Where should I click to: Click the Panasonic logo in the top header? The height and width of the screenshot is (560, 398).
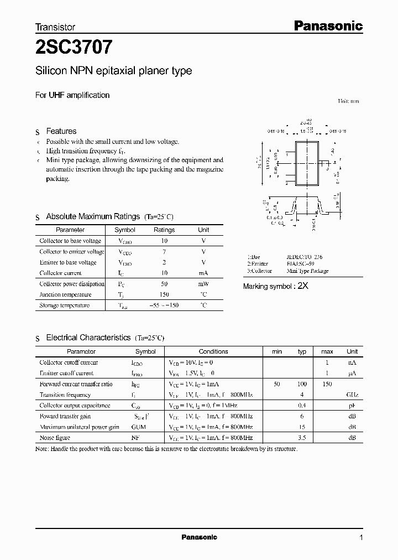[327, 25]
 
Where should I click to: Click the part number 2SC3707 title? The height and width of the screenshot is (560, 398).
[74, 48]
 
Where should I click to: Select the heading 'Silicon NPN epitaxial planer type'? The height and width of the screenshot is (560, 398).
[113, 71]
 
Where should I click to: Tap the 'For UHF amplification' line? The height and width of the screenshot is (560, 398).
[72, 95]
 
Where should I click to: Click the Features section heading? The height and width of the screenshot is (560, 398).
[61, 131]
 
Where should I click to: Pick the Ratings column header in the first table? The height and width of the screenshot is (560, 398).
[164, 230]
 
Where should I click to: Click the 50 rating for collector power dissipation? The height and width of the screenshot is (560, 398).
[164, 284]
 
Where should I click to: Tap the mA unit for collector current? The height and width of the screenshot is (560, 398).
[203, 273]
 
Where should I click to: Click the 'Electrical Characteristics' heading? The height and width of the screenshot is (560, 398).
[88, 338]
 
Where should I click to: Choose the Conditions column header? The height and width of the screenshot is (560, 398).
[213, 352]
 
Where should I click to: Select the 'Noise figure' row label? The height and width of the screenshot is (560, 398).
[54, 438]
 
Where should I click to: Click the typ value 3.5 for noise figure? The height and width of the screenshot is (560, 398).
[302, 438]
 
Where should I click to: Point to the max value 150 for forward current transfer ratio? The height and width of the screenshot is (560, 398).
[327, 384]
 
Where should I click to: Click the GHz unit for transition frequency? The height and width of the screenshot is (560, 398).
[352, 395]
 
